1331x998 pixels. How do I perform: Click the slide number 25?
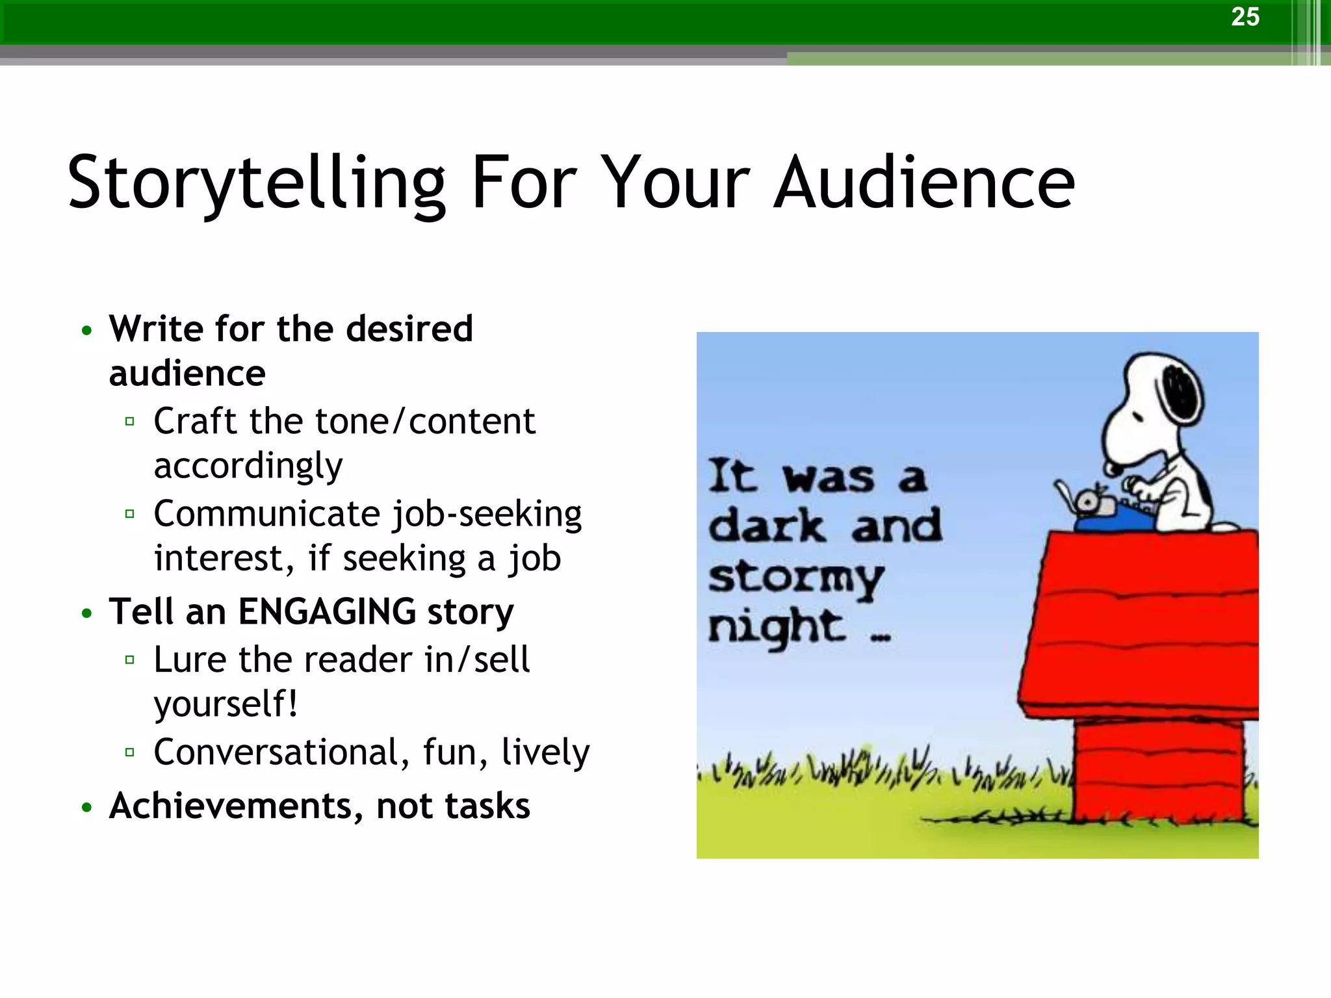[1245, 17]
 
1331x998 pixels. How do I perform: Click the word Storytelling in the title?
[257, 183]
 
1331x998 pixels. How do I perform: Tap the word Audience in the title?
[924, 183]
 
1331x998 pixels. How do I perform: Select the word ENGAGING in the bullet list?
[327, 612]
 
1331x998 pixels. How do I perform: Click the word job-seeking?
[487, 515]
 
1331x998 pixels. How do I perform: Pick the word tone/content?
[425, 422]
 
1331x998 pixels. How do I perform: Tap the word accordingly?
[248, 467]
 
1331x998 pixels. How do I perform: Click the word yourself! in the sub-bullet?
[226, 704]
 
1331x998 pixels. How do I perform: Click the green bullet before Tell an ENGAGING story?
[87, 613]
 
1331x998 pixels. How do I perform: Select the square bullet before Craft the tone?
[129, 422]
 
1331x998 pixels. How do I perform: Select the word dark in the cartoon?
[767, 526]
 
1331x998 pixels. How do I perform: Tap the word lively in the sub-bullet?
[545, 752]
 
